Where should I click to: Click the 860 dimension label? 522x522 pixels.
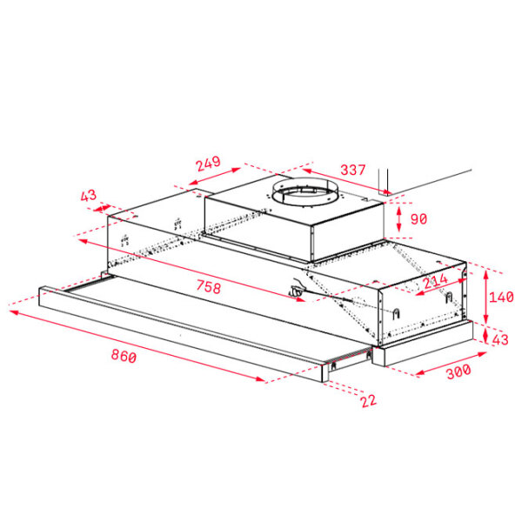(x=124, y=356)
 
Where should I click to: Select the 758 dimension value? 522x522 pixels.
(x=209, y=286)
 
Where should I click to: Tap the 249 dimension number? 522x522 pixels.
(x=208, y=164)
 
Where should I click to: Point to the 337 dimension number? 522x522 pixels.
(x=353, y=170)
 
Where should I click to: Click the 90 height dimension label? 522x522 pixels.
(x=418, y=219)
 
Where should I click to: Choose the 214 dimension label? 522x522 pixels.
(x=436, y=281)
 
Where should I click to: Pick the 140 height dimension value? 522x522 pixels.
(x=501, y=297)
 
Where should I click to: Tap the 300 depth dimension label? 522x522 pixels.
(x=458, y=371)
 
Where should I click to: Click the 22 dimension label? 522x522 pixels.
(x=369, y=400)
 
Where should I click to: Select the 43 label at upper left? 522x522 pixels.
(x=89, y=196)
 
